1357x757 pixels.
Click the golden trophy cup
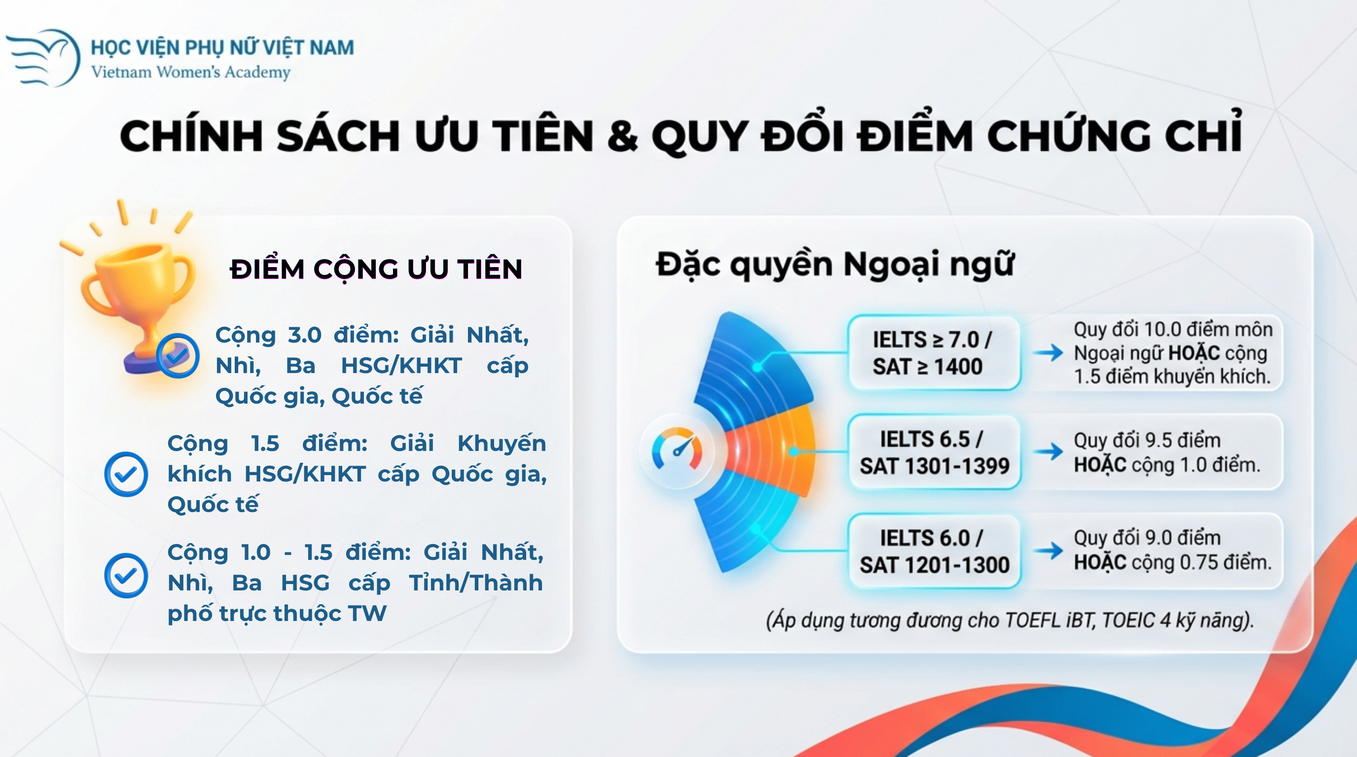pos(138,306)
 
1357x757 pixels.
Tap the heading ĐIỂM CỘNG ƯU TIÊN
pos(376,269)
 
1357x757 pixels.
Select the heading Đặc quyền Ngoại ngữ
pos(835,264)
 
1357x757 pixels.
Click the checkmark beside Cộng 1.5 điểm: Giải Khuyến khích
pos(126,474)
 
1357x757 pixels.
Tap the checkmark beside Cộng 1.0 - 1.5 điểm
pos(126,575)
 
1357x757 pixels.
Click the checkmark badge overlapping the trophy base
pos(178,356)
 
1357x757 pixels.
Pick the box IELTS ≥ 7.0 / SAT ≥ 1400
pos(933,353)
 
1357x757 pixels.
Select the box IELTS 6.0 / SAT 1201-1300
pos(933,551)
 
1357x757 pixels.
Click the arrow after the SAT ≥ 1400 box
pos(1048,353)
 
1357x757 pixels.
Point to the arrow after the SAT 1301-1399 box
pos(1048,451)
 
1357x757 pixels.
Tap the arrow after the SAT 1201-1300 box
pos(1048,551)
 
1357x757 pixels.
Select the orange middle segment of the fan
pos(772,450)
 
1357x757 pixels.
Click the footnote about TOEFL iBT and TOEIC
pos(1009,620)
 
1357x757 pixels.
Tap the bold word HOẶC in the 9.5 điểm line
pos(1100,465)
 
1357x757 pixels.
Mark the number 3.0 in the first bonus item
pos(304,335)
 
